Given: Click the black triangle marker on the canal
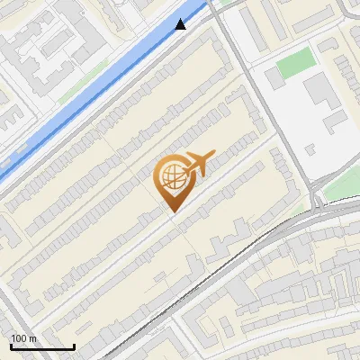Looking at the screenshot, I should (x=182, y=24).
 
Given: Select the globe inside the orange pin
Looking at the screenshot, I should (x=171, y=176).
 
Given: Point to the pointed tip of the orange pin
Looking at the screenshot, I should (x=171, y=211).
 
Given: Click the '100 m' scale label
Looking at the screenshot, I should (x=23, y=338).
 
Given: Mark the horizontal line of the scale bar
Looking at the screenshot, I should (x=42, y=346).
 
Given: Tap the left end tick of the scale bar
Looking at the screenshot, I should (x=11, y=345).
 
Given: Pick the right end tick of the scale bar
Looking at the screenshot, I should (x=74, y=345).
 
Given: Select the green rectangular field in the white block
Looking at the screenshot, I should (x=295, y=63).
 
